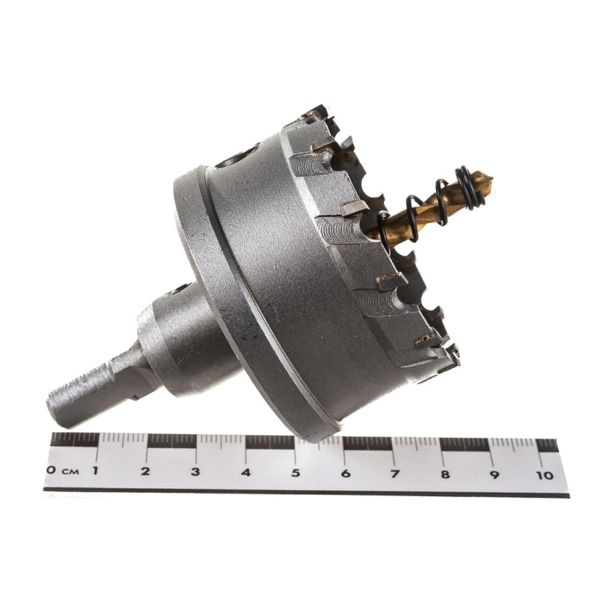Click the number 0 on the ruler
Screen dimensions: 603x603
(x=50, y=470)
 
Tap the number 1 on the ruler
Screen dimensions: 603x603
(x=95, y=470)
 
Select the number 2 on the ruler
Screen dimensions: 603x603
(x=145, y=471)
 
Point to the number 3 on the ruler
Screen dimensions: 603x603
(x=196, y=471)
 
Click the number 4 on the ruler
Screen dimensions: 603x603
(x=246, y=472)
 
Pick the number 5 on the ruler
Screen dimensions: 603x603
(x=295, y=473)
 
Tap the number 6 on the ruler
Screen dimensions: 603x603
(x=345, y=474)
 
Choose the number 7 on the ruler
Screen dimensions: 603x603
(x=395, y=474)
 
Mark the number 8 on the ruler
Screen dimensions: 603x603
(x=445, y=474)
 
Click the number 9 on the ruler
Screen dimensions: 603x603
(x=494, y=475)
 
